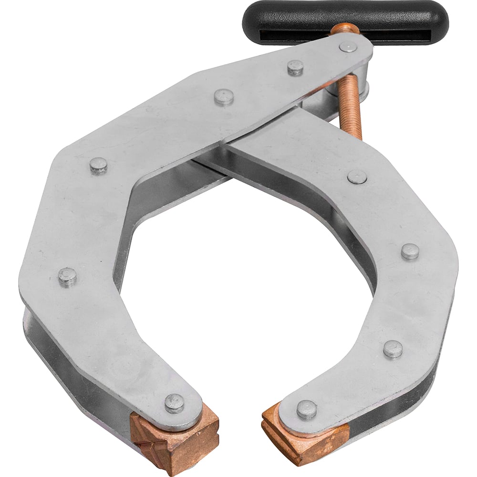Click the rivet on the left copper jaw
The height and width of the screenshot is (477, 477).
175,403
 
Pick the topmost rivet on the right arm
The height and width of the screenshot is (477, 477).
357,176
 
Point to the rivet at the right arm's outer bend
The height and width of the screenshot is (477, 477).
410,251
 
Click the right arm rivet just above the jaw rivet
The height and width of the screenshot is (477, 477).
393,349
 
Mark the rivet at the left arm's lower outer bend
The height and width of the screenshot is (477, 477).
67,277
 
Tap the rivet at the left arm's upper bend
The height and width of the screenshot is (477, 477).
98,166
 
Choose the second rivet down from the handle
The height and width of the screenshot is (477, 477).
295,68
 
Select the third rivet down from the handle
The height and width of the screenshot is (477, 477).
224,97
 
